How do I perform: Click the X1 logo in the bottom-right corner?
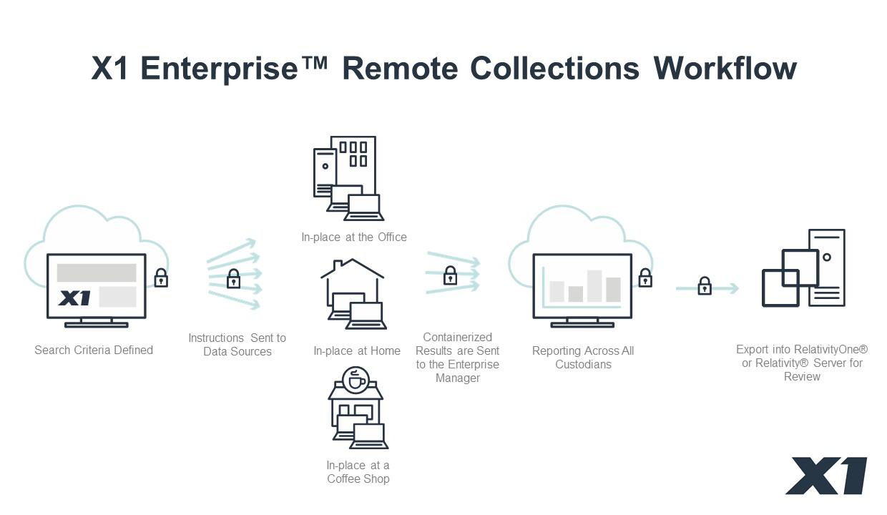(x=827, y=476)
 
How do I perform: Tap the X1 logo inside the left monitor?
(x=74, y=298)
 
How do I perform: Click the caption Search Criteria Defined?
(x=94, y=350)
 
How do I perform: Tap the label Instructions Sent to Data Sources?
(x=237, y=344)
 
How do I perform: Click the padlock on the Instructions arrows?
(x=233, y=279)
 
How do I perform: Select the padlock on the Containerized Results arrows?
(x=450, y=275)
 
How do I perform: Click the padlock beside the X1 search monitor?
(x=162, y=278)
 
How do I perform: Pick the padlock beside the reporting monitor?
(x=645, y=278)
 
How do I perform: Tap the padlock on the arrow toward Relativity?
(x=705, y=286)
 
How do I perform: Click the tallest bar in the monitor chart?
(x=594, y=285)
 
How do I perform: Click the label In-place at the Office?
(x=354, y=237)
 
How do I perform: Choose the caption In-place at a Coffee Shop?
(x=358, y=472)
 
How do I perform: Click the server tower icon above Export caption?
(x=826, y=267)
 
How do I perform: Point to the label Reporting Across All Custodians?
(x=583, y=357)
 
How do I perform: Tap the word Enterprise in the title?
(x=218, y=69)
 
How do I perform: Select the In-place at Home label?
(x=357, y=350)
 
